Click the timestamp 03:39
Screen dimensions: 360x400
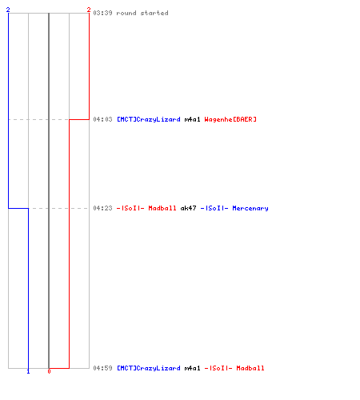102,13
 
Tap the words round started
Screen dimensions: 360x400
142,13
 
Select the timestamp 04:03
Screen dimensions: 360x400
102,119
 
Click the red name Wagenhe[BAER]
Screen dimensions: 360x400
230,119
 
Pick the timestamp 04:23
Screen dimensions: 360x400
102,208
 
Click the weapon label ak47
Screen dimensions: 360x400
188,208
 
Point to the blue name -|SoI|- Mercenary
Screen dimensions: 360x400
234,208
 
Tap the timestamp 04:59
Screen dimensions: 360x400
102,368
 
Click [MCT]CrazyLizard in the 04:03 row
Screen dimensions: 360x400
149,119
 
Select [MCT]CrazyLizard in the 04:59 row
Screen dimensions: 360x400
149,368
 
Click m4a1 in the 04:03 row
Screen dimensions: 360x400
192,119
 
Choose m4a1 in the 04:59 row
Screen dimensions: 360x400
192,368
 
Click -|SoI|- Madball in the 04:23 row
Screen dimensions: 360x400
146,208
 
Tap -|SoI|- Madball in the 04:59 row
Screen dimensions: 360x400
234,368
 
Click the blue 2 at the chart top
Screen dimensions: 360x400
8,10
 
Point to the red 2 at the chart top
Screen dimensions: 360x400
89,10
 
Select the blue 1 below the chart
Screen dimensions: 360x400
28,371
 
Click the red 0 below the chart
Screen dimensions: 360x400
49,371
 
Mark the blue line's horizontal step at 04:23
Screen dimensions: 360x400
18,208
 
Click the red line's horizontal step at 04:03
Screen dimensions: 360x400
79,119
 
